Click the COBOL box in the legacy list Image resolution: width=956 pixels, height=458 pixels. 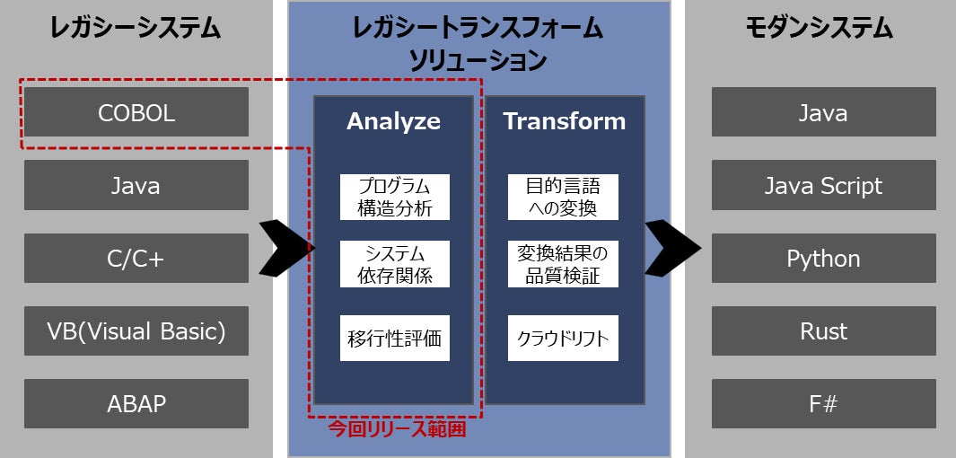click(136, 112)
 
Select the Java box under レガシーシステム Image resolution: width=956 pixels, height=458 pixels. click(136, 185)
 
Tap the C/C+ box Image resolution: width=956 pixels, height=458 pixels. click(136, 259)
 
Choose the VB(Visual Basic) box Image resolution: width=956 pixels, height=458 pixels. click(136, 331)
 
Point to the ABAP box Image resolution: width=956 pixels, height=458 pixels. click(136, 404)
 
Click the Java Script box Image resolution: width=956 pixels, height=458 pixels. click(823, 185)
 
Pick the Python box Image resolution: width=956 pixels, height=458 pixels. click(823, 259)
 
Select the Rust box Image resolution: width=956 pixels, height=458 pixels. click(823, 331)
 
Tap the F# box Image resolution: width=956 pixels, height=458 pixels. click(823, 404)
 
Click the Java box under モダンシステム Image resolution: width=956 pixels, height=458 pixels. click(823, 112)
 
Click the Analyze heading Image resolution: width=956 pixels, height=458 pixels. click(393, 121)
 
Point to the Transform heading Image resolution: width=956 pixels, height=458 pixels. click(564, 121)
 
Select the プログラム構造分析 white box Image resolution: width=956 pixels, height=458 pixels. click(394, 198)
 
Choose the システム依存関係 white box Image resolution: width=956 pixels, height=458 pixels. click(394, 264)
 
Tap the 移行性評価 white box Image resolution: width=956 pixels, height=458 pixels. click(394, 339)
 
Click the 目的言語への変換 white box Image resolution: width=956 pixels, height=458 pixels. click(563, 198)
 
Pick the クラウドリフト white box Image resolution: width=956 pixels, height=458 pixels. click(563, 339)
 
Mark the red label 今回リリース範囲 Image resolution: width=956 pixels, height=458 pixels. click(397, 430)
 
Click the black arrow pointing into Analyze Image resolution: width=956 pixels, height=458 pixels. click(286, 247)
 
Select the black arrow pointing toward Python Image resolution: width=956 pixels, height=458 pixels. click(672, 247)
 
